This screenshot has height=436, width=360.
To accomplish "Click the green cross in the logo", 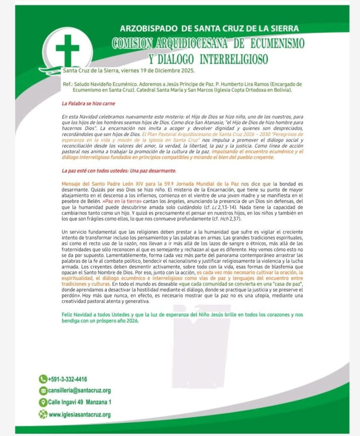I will click(67, 50).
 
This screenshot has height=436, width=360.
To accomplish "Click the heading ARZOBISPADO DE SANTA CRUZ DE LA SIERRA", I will click(209, 29).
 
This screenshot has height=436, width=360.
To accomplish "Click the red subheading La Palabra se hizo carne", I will click(88, 103).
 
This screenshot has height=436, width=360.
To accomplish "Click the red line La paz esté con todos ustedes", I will click(119, 171).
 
